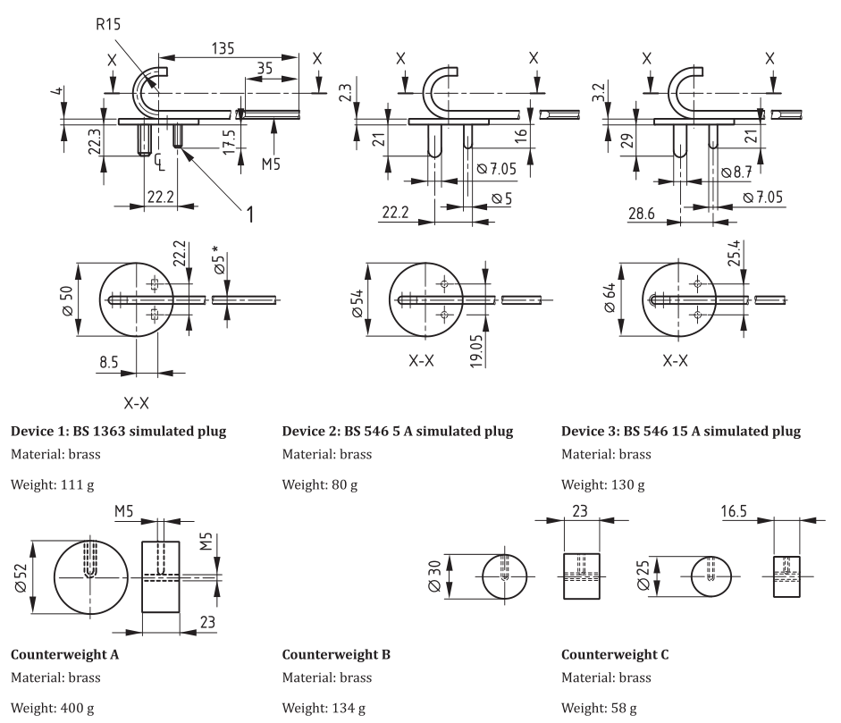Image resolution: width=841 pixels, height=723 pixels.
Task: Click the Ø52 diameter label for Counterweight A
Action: point(30,576)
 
